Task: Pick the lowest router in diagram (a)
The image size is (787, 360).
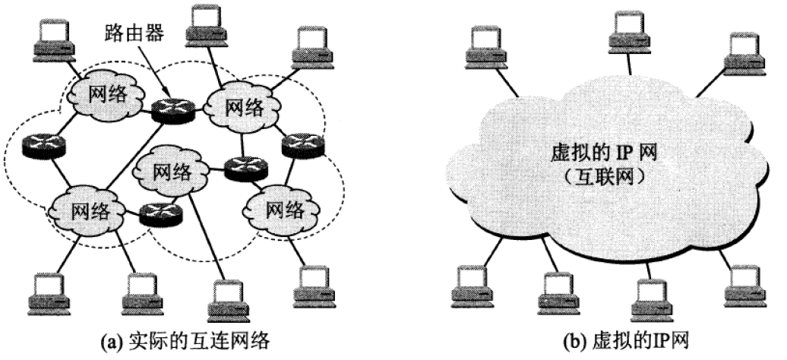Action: click(x=160, y=215)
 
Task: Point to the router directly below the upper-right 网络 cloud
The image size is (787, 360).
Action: click(x=245, y=167)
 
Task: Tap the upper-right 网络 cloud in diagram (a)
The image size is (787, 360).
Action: click(x=245, y=106)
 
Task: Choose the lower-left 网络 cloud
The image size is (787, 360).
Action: click(x=90, y=209)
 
